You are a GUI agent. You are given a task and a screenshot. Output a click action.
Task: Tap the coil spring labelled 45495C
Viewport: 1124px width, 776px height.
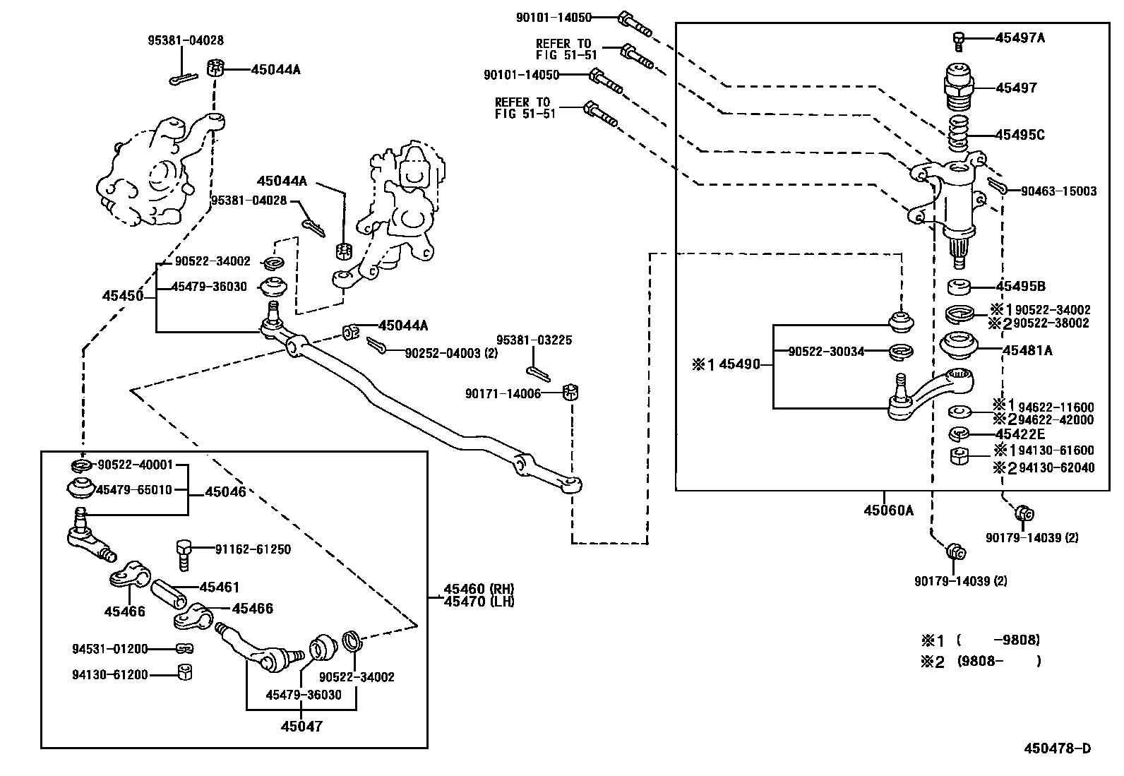958,133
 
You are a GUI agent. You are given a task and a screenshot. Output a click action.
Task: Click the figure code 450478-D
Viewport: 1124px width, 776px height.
1057,748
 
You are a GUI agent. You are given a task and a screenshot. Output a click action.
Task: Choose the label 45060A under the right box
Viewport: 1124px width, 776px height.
888,511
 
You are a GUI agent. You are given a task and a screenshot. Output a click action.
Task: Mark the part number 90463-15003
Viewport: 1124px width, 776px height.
1058,191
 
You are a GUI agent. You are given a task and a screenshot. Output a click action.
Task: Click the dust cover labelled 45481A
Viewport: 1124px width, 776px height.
958,346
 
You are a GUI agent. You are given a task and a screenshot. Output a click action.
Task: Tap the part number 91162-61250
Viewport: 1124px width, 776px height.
253,549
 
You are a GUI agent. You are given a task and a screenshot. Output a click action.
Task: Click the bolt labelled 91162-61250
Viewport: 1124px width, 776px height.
184,555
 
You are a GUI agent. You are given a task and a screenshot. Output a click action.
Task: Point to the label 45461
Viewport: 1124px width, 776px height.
220,587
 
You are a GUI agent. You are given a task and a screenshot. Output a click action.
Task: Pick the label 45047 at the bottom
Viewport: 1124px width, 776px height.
301,726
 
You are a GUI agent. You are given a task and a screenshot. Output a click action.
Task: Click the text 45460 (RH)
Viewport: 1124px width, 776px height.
479,589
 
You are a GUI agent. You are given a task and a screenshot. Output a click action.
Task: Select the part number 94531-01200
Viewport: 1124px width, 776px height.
110,649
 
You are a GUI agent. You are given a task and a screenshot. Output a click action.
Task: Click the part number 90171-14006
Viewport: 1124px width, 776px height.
503,394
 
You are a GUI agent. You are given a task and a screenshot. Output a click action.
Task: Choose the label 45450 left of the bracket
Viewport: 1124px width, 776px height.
123,296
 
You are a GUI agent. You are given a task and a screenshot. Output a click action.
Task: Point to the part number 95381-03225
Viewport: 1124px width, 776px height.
534,340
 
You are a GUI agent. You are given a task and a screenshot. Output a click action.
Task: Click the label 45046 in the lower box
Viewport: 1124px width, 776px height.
225,492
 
